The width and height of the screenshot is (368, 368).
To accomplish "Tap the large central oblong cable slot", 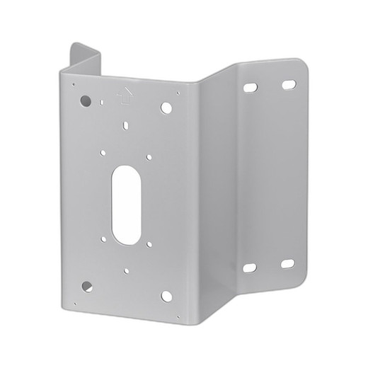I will (126, 205).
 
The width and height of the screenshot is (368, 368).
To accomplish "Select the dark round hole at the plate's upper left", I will (86, 100).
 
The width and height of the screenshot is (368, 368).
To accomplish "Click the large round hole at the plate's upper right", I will (166, 108).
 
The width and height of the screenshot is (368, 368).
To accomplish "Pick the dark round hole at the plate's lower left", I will (86, 287).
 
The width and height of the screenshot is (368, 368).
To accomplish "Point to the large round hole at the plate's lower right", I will (166, 296).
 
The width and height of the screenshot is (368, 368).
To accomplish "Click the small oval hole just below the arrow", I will (125, 126).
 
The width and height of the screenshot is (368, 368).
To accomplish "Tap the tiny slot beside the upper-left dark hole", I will (102, 102).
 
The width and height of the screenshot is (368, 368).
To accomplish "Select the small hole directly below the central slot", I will (126, 270).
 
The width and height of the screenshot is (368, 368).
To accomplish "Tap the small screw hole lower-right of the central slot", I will (150, 245).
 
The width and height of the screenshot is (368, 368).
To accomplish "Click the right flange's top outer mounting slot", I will (288, 85).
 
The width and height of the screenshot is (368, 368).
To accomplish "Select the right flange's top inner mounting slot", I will (251, 89).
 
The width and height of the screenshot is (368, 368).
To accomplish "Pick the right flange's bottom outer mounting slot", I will (287, 263).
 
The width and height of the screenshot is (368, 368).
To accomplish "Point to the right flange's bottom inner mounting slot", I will (250, 268).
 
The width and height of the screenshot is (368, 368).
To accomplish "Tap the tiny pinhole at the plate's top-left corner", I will (74, 84).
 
